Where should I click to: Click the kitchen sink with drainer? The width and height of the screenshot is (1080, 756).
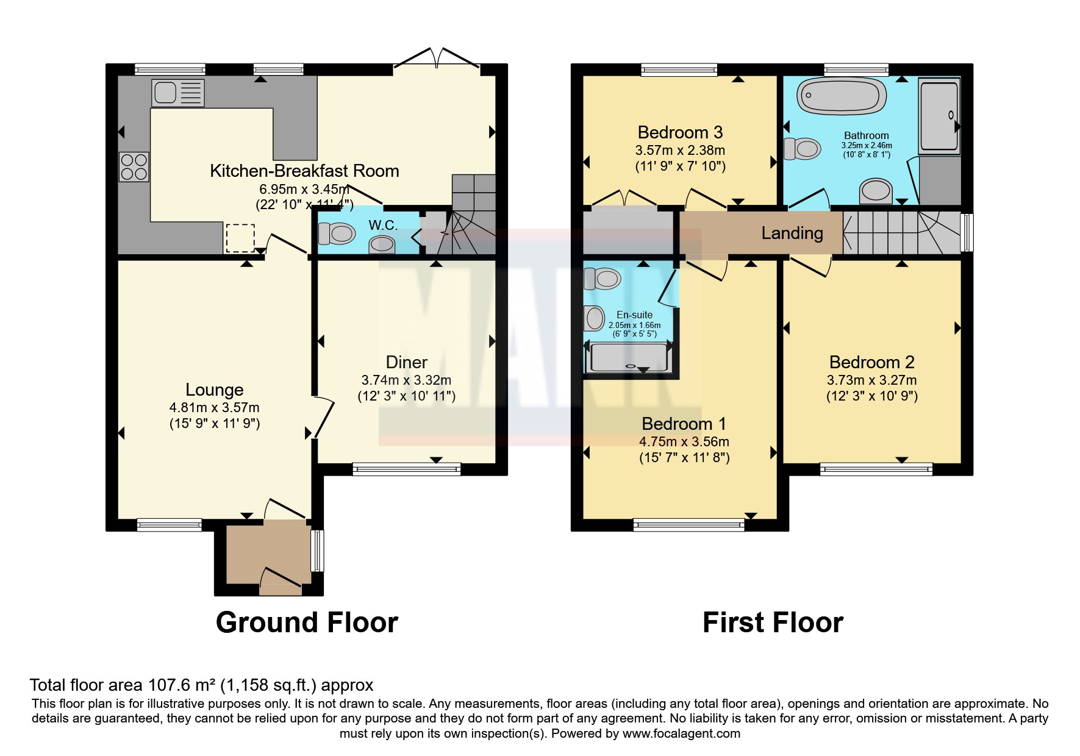tap(177, 93)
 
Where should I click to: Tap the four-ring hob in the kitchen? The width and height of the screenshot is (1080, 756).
tap(134, 166)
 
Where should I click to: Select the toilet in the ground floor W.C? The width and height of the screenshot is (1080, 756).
tap(337, 234)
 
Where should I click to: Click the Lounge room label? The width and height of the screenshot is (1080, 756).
tap(214, 390)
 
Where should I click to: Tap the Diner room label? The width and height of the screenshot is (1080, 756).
tap(407, 362)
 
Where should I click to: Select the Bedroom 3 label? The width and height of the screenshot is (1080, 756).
tap(680, 132)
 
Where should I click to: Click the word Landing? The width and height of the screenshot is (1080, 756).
tap(792, 233)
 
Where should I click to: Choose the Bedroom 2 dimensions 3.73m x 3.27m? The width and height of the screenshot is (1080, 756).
tap(871, 380)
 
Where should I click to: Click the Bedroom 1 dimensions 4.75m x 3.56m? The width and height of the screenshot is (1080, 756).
tap(684, 441)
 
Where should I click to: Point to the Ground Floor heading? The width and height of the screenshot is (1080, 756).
tap(307, 622)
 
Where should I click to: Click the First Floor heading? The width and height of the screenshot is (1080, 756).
tap(773, 622)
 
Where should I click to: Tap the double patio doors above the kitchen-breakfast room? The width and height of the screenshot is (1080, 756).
tap(437, 59)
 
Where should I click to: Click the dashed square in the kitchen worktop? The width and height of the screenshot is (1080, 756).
tap(240, 238)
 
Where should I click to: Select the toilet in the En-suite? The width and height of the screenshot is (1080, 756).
tap(602, 278)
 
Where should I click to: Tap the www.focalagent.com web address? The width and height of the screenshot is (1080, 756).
tap(681, 733)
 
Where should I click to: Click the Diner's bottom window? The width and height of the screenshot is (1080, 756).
tap(407, 469)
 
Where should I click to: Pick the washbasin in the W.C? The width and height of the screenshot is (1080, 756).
tap(382, 244)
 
